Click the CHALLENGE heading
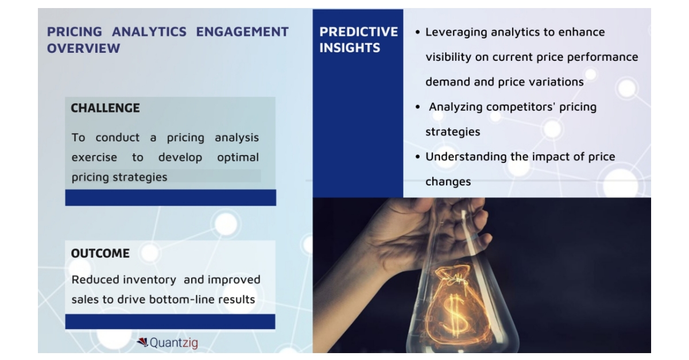(x=105, y=108)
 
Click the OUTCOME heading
(x=100, y=253)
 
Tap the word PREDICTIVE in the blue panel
(x=358, y=32)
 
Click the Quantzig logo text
(x=173, y=343)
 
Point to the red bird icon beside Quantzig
(x=142, y=343)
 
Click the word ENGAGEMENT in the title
(x=242, y=32)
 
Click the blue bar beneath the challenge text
(x=171, y=198)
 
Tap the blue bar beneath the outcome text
(x=171, y=322)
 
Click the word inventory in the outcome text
(x=149, y=280)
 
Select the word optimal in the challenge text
(x=238, y=157)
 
